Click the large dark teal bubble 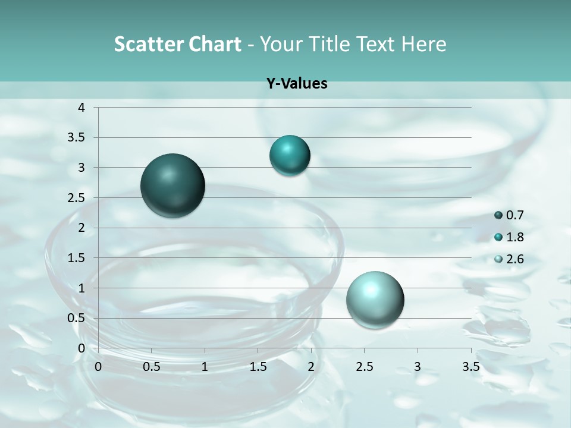coord(173,185)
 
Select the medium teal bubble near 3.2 coord(290,156)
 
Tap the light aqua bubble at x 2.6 coord(375,300)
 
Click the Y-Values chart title coord(297,84)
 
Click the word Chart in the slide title coord(215,44)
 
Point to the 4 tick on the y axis coord(82,108)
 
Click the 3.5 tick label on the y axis coord(78,138)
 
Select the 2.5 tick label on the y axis coord(78,198)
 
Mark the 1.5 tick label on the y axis coord(78,258)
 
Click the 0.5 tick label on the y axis coord(78,318)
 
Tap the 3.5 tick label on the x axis coord(470,366)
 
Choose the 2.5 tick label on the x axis coord(364,366)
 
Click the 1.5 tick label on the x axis coord(258,366)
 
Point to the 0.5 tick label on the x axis coord(151,366)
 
